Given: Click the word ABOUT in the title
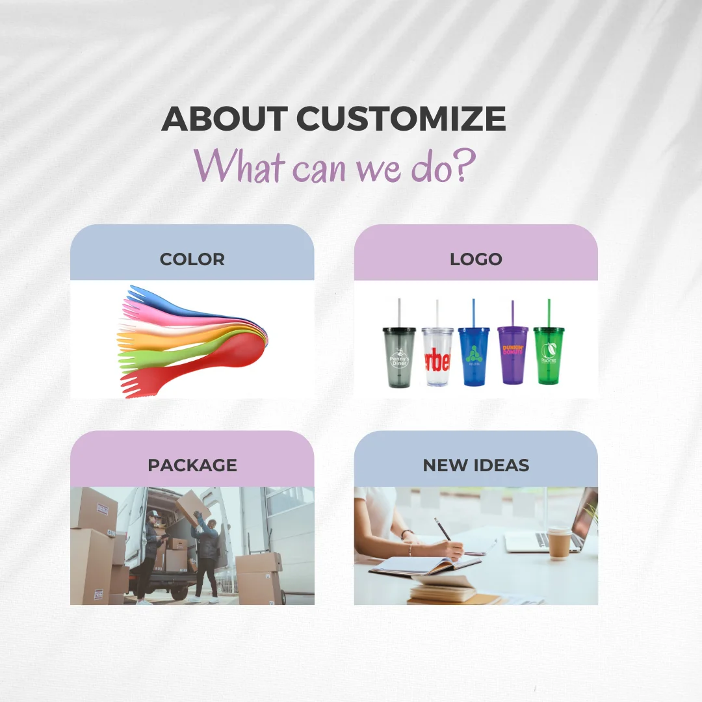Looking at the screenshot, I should [x=224, y=119].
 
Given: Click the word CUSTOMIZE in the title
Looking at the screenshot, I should [x=401, y=119].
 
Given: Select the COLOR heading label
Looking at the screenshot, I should [x=192, y=259].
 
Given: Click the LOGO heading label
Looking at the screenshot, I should [x=476, y=259].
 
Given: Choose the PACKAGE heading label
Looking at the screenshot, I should [x=192, y=465].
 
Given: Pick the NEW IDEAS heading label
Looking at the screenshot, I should [x=476, y=465].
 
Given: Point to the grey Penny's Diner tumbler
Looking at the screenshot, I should [x=398, y=357].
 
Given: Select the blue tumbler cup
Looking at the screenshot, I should [x=473, y=356].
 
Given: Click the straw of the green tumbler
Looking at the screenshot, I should [x=549, y=313].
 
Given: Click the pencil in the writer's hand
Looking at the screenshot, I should [x=445, y=531].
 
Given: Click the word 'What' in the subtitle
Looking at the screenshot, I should [x=240, y=167].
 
